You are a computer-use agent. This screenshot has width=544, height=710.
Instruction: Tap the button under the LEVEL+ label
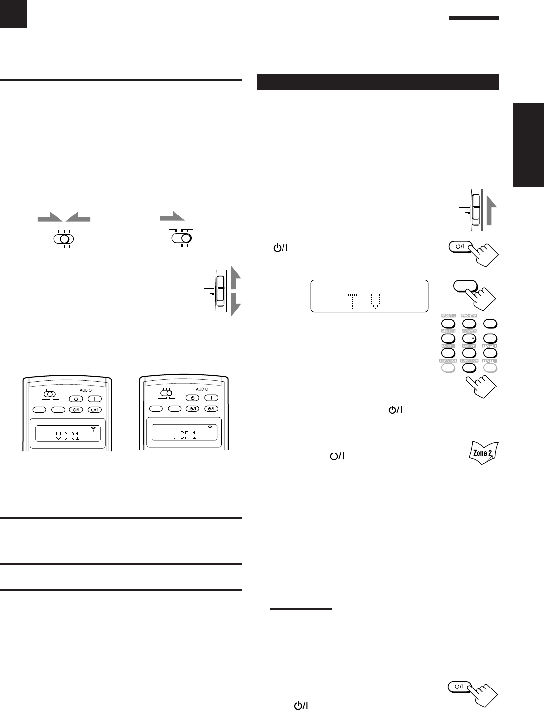[x=490, y=352]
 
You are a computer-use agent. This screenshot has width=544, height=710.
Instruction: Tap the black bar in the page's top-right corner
[x=474, y=18]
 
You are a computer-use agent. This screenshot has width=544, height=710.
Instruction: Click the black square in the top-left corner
[x=14, y=13]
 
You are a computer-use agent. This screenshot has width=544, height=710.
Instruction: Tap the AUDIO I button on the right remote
[x=211, y=398]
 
